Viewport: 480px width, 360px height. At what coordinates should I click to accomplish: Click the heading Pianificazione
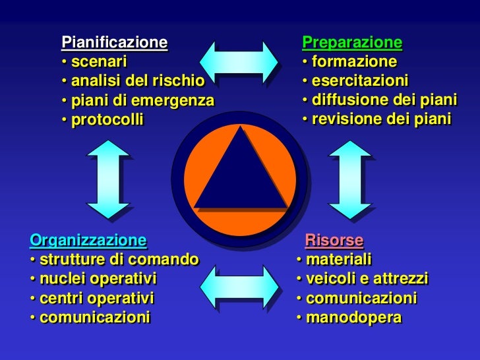click(115, 44)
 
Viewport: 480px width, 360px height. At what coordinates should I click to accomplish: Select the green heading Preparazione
click(351, 43)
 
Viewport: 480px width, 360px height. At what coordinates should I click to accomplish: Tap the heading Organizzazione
click(88, 238)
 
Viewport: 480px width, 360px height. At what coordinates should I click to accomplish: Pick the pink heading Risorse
click(334, 239)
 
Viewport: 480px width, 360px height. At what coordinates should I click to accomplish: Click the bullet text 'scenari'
click(99, 63)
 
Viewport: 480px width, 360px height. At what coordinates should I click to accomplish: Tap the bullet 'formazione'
click(354, 62)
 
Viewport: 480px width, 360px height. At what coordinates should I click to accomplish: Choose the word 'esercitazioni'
click(360, 81)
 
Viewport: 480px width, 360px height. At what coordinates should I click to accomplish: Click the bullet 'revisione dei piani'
click(381, 119)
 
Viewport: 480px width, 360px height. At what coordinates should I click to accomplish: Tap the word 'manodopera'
click(353, 317)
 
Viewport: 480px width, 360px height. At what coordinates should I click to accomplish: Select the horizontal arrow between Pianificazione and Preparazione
click(239, 61)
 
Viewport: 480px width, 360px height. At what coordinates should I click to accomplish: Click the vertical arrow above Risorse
click(349, 179)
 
